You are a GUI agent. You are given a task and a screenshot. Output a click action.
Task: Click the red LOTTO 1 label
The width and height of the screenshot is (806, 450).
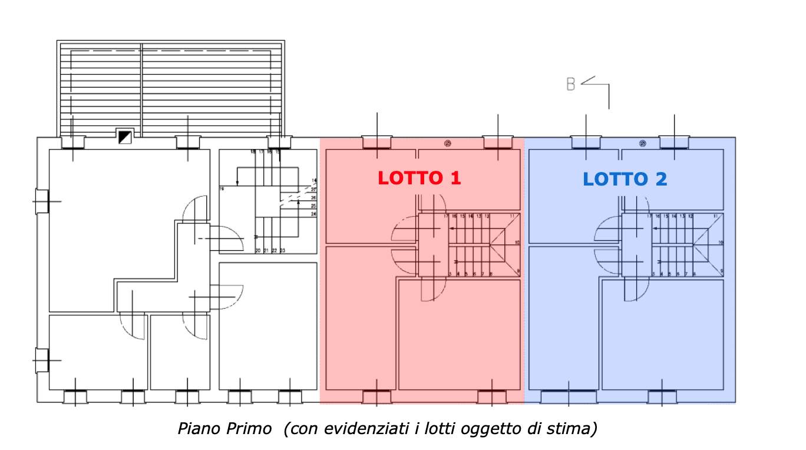pyautogui.click(x=419, y=178)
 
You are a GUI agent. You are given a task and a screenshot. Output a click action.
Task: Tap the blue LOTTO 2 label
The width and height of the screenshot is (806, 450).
pyautogui.click(x=625, y=179)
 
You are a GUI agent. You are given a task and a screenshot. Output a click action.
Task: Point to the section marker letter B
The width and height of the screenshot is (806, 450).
pyautogui.click(x=570, y=84)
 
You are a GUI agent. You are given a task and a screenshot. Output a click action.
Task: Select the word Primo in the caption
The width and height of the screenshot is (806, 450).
pyautogui.click(x=249, y=429)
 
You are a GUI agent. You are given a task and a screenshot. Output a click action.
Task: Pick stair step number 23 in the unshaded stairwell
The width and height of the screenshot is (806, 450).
pyautogui.click(x=283, y=251)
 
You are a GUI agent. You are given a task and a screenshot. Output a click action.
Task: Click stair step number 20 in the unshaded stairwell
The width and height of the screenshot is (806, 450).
pyautogui.click(x=258, y=251)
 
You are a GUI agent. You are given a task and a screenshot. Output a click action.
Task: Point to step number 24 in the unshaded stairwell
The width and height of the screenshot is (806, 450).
pyautogui.click(x=313, y=214)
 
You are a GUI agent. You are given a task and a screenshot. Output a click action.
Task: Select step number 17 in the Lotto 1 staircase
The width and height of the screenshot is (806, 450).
pyautogui.click(x=446, y=216)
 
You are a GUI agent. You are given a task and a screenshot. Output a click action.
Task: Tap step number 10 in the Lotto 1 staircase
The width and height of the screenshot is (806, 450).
pyautogui.click(x=517, y=243)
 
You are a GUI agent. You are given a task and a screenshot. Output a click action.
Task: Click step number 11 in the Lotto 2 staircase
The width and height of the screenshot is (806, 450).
pyautogui.click(x=715, y=216)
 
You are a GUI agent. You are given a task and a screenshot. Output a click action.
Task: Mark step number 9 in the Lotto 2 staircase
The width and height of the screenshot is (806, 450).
pyautogui.click(x=721, y=271)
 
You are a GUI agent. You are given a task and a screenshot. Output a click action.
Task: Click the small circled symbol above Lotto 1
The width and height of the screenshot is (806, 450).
pyautogui.click(x=448, y=143)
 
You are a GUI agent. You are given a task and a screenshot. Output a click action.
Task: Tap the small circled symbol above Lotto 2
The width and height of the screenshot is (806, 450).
pyautogui.click(x=642, y=143)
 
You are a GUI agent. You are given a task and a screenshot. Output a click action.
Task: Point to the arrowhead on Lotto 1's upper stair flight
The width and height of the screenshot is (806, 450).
pyautogui.click(x=451, y=229)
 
